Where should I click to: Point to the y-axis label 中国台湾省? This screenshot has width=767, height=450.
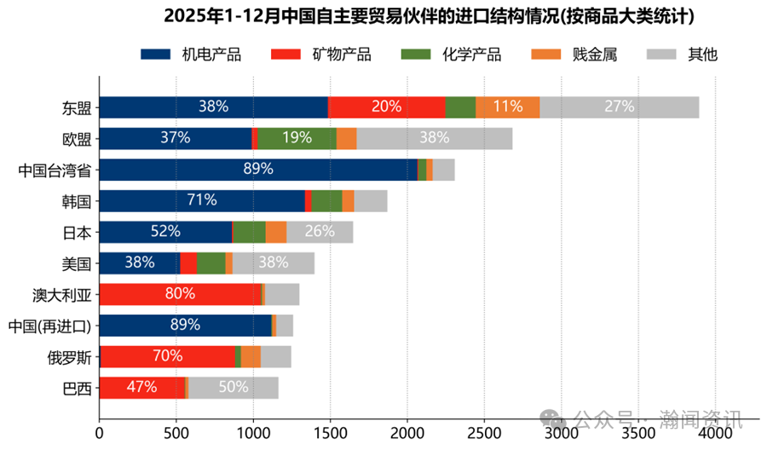[55, 170]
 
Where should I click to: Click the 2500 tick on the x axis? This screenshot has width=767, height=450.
[484, 433]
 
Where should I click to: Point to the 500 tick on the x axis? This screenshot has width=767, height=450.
[176, 433]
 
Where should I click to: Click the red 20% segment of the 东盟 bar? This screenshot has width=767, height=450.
[386, 107]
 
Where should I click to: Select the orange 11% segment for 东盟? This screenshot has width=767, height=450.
[508, 107]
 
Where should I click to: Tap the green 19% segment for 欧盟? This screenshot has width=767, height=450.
[297, 138]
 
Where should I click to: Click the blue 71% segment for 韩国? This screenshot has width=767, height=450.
[202, 201]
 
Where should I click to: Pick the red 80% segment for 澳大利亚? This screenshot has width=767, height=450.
[180, 294]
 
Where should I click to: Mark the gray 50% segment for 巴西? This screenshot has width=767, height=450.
[233, 388]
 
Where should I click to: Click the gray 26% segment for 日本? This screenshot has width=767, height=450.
[320, 232]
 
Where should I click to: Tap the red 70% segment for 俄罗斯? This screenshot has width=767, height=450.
[167, 356]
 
